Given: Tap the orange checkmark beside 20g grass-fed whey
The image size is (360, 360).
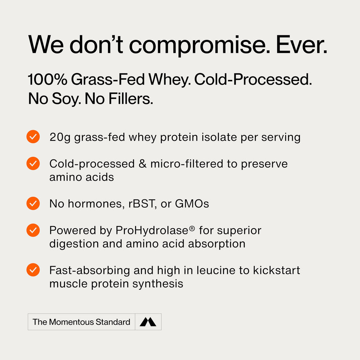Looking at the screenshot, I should [x=33, y=137].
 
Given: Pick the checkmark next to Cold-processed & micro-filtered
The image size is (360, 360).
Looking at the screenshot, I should [x=33, y=163].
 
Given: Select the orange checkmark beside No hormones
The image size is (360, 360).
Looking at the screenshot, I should [x=33, y=203].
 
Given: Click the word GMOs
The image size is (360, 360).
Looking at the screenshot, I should [x=192, y=204].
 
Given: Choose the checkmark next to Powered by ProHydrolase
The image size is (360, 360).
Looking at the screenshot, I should [x=33, y=230].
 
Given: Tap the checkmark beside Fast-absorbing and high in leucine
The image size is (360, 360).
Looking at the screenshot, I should [x=33, y=270].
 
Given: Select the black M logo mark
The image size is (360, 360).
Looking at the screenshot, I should [x=148, y=322].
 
